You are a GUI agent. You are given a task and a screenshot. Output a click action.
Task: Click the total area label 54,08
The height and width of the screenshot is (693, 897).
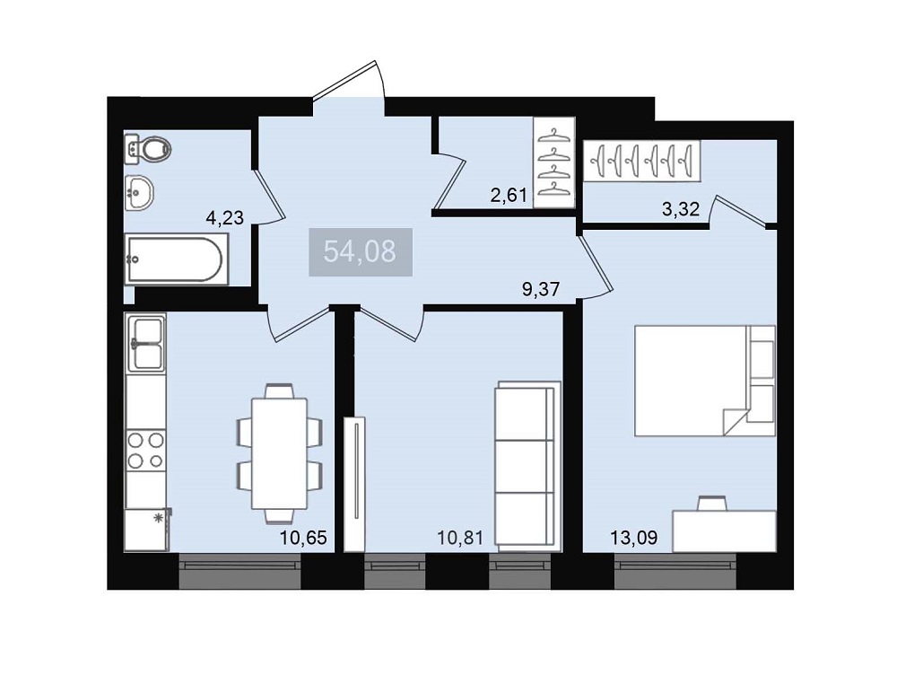tap(360, 251)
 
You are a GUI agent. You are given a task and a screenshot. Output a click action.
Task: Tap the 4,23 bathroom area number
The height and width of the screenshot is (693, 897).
tap(225, 217)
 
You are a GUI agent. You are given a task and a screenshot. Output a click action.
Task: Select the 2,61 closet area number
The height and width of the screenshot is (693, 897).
tap(509, 196)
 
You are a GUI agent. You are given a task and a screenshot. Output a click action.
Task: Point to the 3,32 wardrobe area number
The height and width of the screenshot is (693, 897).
tap(681, 209)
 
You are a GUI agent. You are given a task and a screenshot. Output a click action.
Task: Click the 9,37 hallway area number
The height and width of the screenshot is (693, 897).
tap(541, 289)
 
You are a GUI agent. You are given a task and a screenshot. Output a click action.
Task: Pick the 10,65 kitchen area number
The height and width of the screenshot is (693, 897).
tap(303, 538)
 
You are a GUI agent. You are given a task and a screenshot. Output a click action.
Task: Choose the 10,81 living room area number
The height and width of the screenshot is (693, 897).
tap(460, 538)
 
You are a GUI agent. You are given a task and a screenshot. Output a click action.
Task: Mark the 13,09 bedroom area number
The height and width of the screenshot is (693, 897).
tap(634, 538)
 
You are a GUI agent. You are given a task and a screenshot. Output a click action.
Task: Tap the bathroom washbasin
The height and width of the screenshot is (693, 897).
tap(140, 192)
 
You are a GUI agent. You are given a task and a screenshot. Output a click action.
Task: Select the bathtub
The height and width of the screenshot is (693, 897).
tap(175, 259)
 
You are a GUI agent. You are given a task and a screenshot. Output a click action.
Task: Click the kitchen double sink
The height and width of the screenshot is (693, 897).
tap(146, 343)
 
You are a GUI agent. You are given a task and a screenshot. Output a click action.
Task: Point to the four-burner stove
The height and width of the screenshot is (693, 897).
tap(146, 450)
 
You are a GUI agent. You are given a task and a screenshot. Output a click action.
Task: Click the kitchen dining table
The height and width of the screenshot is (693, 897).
tap(280, 453)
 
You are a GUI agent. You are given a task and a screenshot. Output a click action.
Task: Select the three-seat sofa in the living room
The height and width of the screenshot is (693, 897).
tap(527, 463)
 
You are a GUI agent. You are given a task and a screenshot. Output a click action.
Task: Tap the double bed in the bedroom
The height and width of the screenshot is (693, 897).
tap(704, 381)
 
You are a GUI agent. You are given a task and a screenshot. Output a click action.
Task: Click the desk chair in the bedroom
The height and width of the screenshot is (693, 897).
tap(712, 503)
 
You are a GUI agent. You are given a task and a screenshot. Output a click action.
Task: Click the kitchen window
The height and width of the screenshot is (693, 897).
tap(239, 571)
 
